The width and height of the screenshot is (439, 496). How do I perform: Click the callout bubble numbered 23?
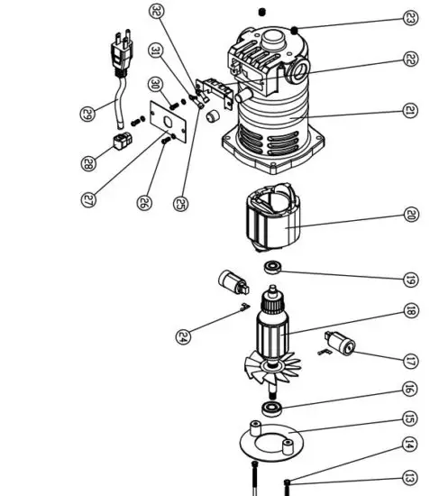coord(410,17)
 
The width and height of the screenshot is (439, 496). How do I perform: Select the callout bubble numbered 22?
coord(410,60)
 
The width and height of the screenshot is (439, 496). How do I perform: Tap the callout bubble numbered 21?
coord(410,110)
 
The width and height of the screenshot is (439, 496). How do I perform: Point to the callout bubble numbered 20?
coord(410,215)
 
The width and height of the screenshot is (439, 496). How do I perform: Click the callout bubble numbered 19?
coord(410,278)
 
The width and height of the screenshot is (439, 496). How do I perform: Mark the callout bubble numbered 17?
coord(410,361)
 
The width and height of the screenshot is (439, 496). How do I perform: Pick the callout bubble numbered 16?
coord(410,390)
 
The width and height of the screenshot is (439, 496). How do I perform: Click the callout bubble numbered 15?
coord(410,418)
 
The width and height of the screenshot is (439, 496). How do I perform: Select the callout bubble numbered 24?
coord(184,337)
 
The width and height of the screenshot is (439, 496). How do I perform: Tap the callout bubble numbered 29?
coord(87,114)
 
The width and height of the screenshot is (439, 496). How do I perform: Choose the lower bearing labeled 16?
coord(270,409)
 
